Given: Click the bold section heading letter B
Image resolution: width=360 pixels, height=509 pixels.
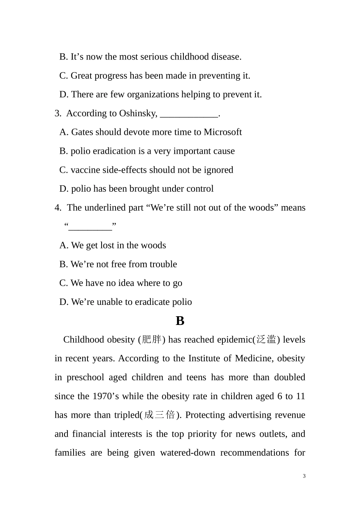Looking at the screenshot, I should pos(180,321).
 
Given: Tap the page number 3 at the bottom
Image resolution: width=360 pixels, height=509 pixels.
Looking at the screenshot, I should pos(304,476).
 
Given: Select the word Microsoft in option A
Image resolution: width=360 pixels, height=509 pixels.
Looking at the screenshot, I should pos(223,132).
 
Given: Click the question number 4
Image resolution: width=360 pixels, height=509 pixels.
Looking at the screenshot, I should pos(58,208).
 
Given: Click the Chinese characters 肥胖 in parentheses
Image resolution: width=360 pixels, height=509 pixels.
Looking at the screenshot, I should pos(152,340).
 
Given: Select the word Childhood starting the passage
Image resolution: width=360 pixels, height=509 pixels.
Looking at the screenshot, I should pos(83,340).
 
